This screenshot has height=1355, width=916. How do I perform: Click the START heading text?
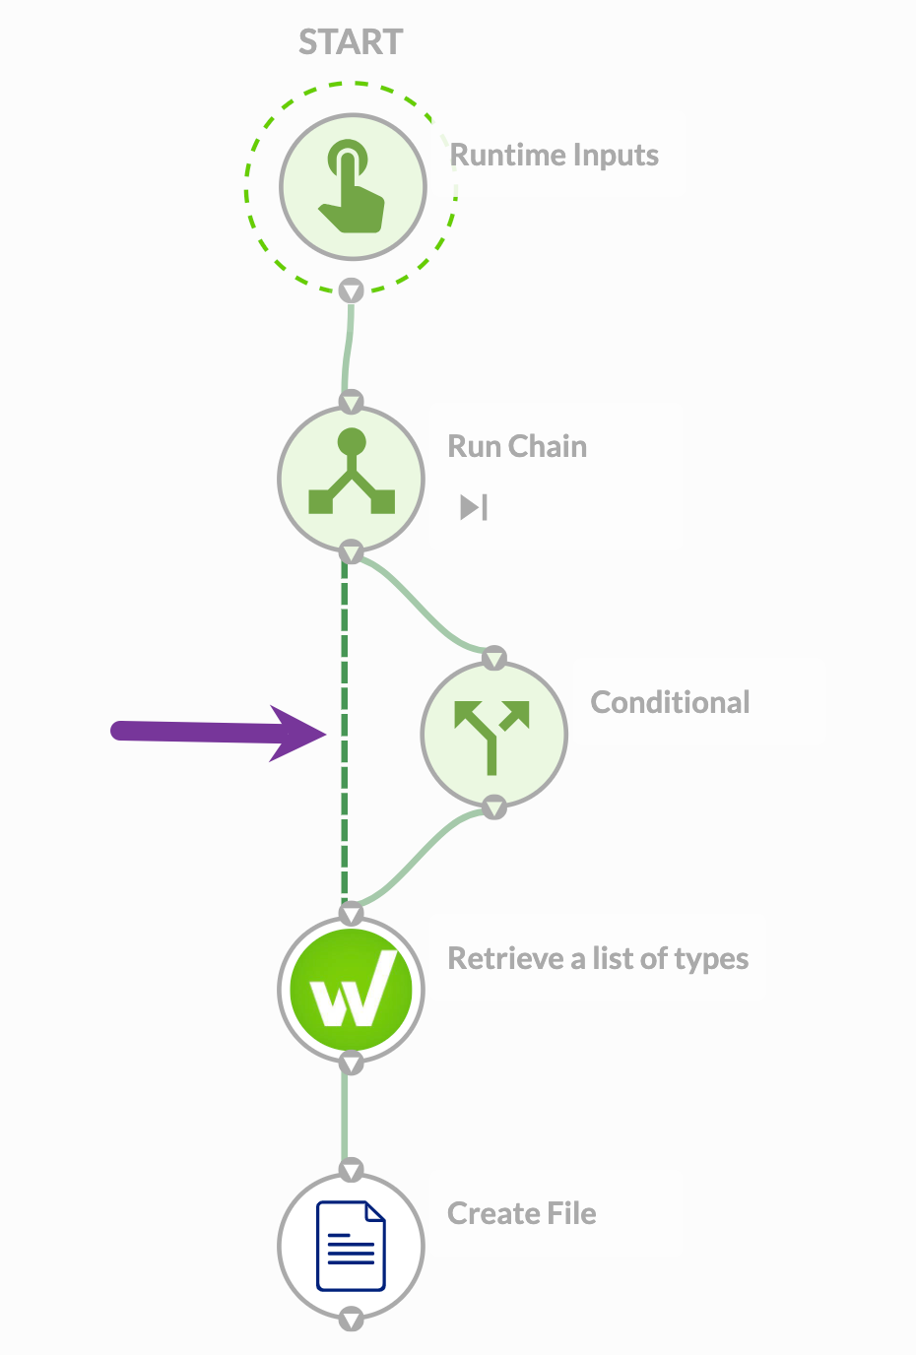[351, 42]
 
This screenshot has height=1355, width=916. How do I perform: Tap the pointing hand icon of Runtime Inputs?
[352, 187]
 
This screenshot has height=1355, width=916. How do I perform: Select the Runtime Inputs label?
[554, 156]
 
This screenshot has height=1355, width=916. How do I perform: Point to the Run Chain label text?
[517, 446]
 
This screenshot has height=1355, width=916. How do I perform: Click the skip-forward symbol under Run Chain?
[474, 507]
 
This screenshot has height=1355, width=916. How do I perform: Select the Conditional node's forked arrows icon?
[492, 735]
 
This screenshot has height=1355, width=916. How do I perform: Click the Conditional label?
[670, 702]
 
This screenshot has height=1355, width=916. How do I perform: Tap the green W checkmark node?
[352, 989]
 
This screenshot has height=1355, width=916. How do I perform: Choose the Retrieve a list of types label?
[598, 958]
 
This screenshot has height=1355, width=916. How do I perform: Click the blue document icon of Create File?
[351, 1246]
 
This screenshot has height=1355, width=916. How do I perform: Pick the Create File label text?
[521, 1213]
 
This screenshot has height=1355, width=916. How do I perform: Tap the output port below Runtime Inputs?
[352, 290]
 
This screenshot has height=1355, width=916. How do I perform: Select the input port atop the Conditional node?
[494, 658]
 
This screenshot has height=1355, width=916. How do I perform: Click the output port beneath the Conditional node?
[494, 807]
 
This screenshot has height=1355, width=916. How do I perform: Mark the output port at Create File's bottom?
[352, 1319]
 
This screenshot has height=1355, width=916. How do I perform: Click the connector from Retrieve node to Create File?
[346, 1118]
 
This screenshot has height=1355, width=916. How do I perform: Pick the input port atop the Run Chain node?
[352, 402]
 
